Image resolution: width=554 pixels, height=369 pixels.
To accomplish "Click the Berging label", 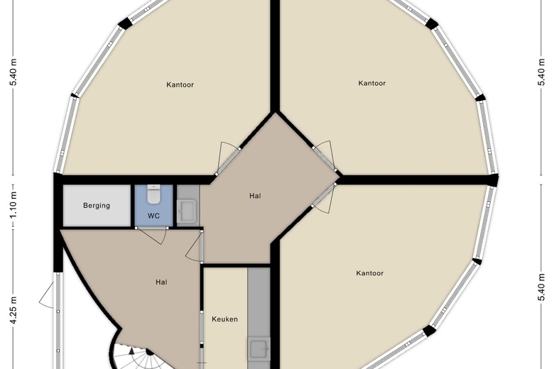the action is [x=97, y=206].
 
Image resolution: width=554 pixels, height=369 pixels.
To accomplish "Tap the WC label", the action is [x=153, y=216].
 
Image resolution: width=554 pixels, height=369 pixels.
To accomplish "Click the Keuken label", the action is [x=224, y=319].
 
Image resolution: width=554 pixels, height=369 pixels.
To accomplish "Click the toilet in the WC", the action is [x=153, y=194].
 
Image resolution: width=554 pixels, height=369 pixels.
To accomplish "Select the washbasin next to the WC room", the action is [x=187, y=211].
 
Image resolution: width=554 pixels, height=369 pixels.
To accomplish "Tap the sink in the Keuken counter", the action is [x=259, y=349].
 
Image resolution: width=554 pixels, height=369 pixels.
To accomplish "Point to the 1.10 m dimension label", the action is [x=13, y=205].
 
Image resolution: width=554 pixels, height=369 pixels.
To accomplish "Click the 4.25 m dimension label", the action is [x=13, y=310].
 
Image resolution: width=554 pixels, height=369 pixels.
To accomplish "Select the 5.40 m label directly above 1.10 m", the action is [x=13, y=72].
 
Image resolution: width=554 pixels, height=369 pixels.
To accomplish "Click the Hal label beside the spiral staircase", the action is [x=161, y=282].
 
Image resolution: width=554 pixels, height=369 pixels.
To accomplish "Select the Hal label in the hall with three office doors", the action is [x=255, y=196].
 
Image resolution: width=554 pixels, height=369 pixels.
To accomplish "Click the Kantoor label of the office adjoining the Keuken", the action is [x=370, y=273].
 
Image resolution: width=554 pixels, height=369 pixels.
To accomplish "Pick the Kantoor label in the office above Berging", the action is [x=180, y=84].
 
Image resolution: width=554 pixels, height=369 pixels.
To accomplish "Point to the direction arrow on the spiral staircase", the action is [x=131, y=351].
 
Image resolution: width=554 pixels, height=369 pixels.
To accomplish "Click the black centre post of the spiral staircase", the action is [x=149, y=352].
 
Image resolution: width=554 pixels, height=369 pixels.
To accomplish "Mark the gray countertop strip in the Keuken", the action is [x=259, y=318].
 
